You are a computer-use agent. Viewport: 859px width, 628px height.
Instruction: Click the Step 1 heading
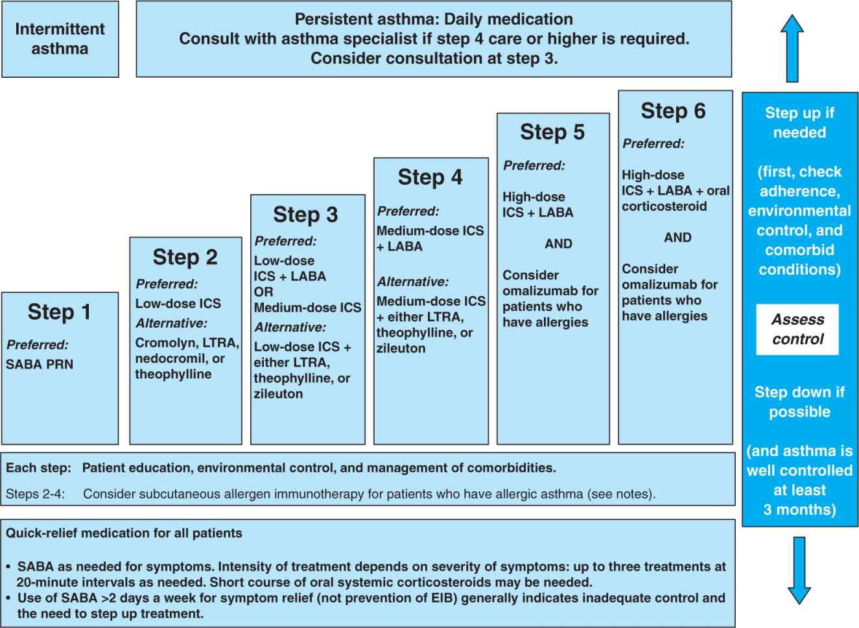pos(59,312)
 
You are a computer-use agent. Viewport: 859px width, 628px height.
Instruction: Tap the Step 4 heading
pos(430,177)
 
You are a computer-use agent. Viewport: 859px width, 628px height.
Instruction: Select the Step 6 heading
pos(673,111)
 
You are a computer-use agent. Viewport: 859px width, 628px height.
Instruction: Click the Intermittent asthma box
pos(60,39)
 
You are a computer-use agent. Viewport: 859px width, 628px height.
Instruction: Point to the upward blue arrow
pos(792,48)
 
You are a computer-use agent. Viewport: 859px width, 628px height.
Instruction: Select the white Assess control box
pos(797,329)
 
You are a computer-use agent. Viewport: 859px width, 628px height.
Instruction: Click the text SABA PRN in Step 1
pos(40,364)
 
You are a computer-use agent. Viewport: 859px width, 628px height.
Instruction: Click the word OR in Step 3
pos(263,292)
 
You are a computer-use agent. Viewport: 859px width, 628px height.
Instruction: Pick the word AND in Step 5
pos(558,244)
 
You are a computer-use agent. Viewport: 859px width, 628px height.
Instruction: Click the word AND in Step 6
pos(677,237)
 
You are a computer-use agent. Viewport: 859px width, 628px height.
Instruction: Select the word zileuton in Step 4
pos(401,348)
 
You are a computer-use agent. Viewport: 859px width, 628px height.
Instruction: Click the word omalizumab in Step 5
pos(550,290)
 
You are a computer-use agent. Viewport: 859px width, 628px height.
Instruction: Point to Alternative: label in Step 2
pos(171,323)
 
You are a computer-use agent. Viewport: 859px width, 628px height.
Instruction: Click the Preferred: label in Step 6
pos(653,144)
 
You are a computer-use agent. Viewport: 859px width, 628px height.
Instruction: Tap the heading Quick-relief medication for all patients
pos(124,533)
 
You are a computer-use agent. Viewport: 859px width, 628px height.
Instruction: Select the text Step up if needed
pos(799,122)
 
